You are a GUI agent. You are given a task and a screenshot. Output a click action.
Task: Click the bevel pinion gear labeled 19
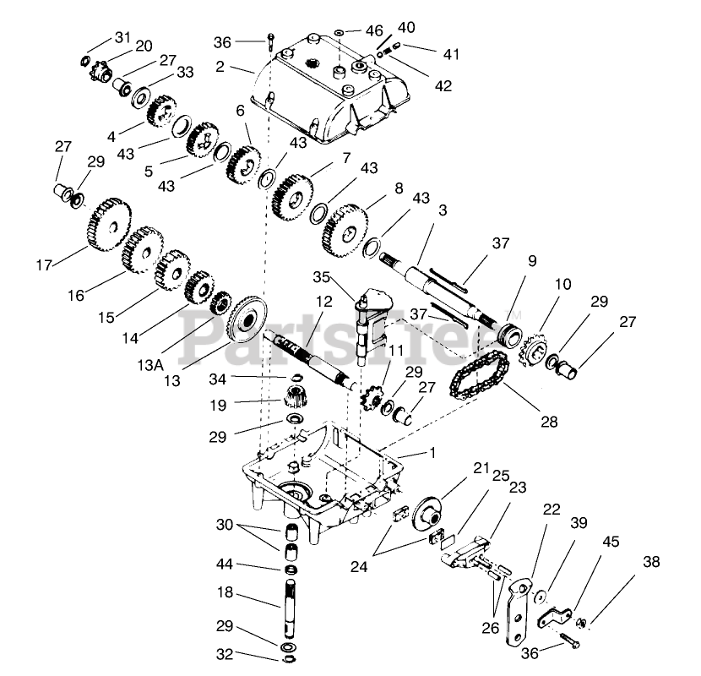(x=294, y=393)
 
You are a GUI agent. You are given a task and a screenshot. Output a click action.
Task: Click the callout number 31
(x=122, y=36)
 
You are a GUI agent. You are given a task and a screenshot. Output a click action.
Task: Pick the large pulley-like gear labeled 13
(x=247, y=318)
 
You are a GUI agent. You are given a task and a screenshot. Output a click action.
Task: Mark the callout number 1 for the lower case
(x=432, y=453)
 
